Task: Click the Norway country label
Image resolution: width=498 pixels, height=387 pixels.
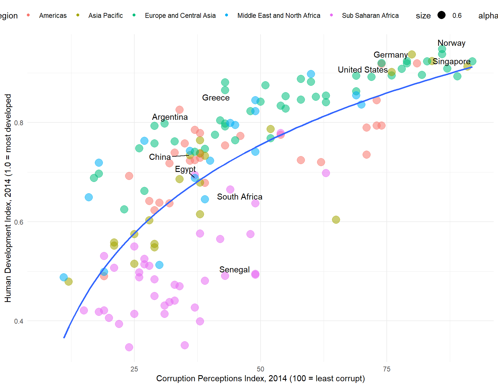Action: point(451,43)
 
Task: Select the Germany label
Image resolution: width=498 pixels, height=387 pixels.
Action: point(391,55)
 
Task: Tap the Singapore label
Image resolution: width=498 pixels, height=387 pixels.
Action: point(451,62)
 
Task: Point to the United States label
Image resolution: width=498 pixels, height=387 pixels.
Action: point(363,70)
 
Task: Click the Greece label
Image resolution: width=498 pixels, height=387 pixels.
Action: point(216,98)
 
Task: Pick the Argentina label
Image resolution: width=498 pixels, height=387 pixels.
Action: point(170,117)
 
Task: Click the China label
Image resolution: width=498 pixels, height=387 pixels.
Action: point(160,157)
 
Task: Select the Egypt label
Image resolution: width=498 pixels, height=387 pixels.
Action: point(185,169)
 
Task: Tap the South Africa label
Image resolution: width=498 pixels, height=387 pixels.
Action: point(239,197)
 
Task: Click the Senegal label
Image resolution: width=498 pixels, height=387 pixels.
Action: point(234,270)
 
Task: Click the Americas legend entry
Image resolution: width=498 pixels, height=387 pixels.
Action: point(53,16)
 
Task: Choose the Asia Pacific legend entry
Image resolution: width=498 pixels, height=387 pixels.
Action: point(105,16)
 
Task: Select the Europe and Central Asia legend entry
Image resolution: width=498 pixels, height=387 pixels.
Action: point(180,16)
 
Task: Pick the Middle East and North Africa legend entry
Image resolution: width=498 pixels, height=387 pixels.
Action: point(279,16)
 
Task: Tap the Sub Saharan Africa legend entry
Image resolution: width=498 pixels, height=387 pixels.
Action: point(370,16)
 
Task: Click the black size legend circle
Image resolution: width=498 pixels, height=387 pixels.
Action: point(441,15)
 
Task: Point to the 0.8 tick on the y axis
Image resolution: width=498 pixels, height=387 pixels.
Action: point(19,123)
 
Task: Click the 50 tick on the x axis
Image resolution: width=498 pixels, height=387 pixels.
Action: point(260,369)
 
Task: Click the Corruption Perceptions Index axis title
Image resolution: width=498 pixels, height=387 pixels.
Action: point(261,378)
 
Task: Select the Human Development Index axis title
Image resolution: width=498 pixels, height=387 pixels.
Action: point(8,198)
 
